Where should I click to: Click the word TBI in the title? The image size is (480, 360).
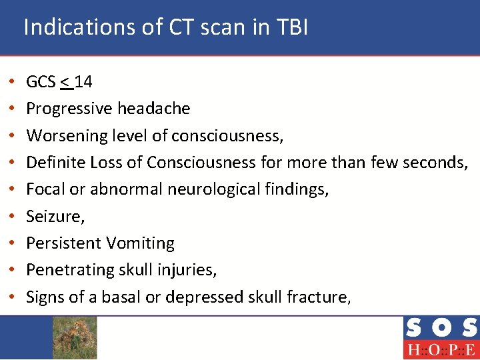[x=289, y=27]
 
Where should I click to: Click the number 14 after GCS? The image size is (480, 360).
[x=84, y=82]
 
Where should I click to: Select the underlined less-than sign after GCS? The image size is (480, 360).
[x=66, y=82]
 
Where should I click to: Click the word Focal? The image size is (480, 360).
[x=45, y=189]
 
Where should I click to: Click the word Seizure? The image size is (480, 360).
[x=50, y=217]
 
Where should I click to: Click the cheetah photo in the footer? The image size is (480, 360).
[x=75, y=337]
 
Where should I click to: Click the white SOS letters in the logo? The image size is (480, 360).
[x=441, y=328]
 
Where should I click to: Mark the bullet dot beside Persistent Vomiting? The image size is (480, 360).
[x=14, y=244]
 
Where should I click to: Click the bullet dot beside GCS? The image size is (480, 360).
[x=14, y=83]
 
